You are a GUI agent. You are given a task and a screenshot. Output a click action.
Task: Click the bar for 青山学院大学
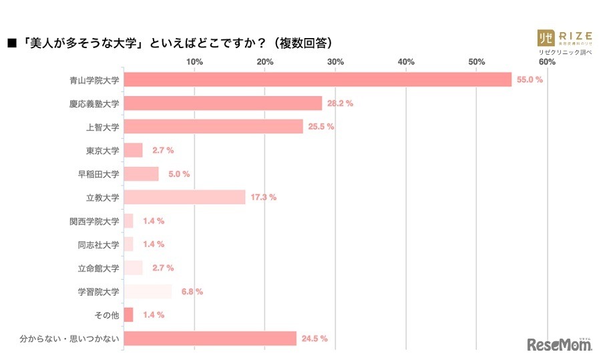click(318, 80)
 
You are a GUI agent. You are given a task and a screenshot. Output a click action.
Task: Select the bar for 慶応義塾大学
click(223, 104)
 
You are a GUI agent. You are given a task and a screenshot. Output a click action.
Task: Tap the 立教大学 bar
click(184, 197)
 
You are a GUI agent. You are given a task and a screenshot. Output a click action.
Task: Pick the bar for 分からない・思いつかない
click(210, 339)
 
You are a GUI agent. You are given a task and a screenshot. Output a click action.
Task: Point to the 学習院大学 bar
click(148, 291)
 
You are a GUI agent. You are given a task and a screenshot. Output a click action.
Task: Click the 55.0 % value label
click(530, 80)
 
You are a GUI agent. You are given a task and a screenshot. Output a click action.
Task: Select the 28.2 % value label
click(340, 104)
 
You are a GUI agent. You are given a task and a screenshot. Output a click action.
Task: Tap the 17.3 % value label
click(263, 197)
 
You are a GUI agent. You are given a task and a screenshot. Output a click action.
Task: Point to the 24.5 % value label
click(314, 339)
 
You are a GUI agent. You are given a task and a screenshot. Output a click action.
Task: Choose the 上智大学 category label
click(103, 127)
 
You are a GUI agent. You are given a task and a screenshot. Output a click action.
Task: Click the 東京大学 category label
click(103, 150)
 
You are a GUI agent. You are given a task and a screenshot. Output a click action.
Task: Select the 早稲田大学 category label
click(98, 174)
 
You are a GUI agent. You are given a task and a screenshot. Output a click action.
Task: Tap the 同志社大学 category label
click(98, 244)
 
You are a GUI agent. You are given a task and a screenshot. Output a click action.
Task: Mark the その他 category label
click(107, 315)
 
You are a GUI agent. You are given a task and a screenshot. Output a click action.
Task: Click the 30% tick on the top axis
click(335, 62)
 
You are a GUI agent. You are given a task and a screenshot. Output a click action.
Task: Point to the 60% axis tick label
click(547, 62)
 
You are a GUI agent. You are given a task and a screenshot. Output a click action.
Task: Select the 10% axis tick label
click(194, 62)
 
